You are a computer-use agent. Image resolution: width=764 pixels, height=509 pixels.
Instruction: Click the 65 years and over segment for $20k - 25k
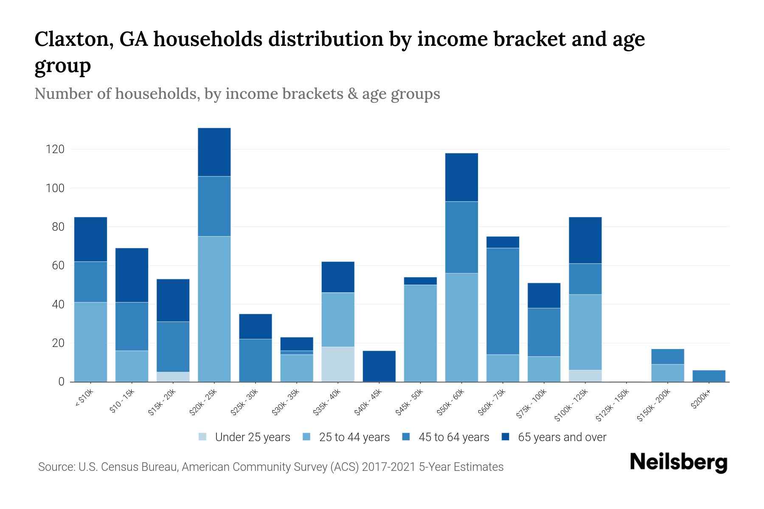pos(214,152)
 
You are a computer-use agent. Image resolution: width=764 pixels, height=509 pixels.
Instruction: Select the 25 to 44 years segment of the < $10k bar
pos(90,342)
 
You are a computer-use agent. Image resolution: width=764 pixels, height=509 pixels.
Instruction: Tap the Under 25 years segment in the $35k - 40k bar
pos(338,364)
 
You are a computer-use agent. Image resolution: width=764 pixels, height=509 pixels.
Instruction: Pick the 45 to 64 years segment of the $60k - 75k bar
pos(503,301)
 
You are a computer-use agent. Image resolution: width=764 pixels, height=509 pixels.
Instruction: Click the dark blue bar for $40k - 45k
pos(379,366)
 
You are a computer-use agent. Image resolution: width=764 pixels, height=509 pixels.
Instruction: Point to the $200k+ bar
pos(709,376)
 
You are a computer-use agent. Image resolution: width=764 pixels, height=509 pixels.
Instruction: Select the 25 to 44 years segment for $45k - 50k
pos(420,333)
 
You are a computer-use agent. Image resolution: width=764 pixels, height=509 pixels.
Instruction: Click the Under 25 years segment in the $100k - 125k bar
pos(585,376)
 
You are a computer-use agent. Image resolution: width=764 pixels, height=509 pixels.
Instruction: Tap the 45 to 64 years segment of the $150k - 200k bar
pos(668,357)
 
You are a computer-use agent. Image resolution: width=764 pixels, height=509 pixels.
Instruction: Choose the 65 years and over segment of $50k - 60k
pos(461,177)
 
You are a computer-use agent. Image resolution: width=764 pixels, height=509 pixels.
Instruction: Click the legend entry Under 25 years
pos(244,437)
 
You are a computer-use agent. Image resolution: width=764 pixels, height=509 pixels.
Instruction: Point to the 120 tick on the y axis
pos(55,149)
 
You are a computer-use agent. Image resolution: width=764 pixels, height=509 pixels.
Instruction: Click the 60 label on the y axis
pos(58,266)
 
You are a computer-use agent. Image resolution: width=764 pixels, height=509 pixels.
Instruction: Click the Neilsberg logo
pos(678,462)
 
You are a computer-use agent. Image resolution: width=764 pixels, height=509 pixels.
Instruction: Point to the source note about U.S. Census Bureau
pos(271,467)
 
